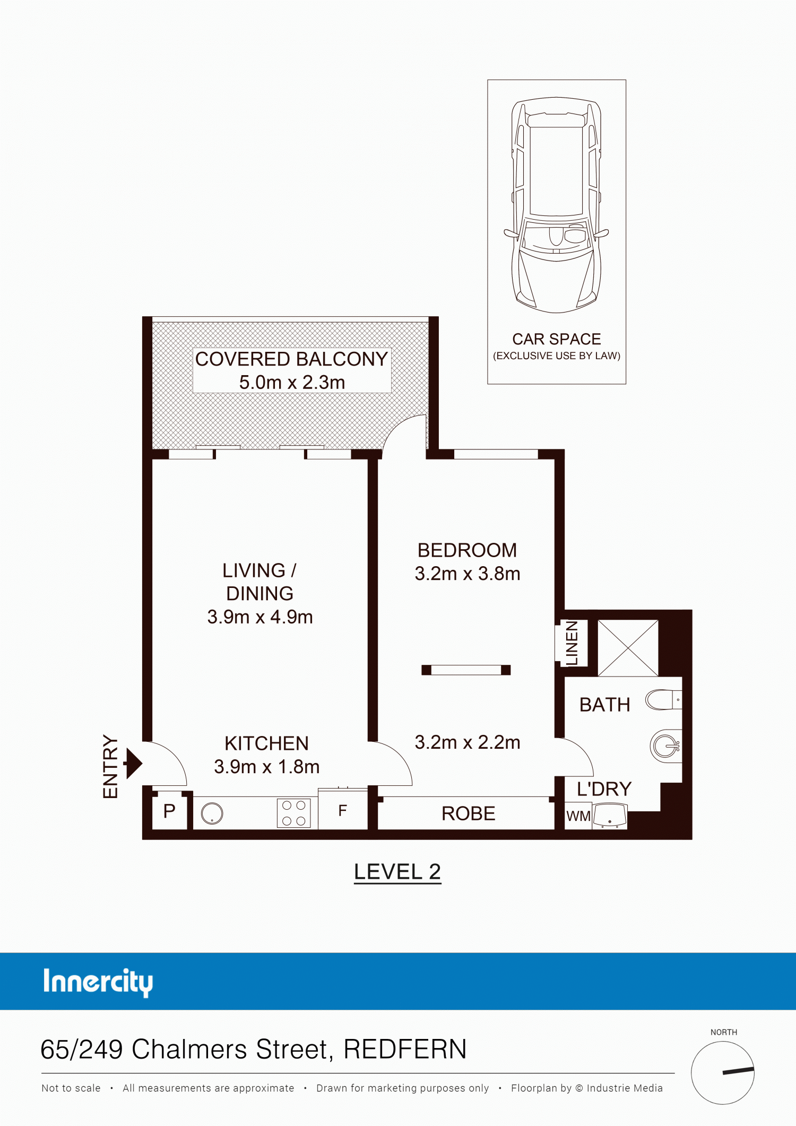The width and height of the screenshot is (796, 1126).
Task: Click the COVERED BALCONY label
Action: coord(291,359)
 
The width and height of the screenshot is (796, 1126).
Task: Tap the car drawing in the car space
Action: coord(556,205)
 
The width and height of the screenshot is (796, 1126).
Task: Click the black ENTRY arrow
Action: coord(133,763)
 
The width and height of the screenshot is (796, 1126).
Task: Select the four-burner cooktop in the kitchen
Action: coord(293,813)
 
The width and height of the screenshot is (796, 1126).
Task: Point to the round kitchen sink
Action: coord(212,813)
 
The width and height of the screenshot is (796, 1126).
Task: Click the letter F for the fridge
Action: coord(342,810)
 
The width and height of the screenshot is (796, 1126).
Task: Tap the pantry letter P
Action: coord(169,811)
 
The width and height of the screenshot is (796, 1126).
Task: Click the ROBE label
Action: coord(468,813)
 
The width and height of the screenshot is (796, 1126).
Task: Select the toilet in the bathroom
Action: coord(663,700)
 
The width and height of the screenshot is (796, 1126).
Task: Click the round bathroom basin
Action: coord(665,746)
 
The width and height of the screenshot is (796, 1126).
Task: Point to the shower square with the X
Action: coord(628,648)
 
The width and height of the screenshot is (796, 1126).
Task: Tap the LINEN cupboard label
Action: coord(572,643)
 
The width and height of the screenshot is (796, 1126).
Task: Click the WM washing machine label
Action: coord(578,816)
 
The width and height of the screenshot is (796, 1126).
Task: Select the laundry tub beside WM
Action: coord(610,816)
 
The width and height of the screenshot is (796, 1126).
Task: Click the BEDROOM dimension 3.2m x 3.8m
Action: coord(468,574)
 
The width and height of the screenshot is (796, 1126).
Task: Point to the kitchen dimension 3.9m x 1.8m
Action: coord(267,767)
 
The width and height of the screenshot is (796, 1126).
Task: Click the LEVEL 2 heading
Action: coord(397,872)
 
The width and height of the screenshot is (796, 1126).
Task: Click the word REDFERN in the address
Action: coord(405,1049)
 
